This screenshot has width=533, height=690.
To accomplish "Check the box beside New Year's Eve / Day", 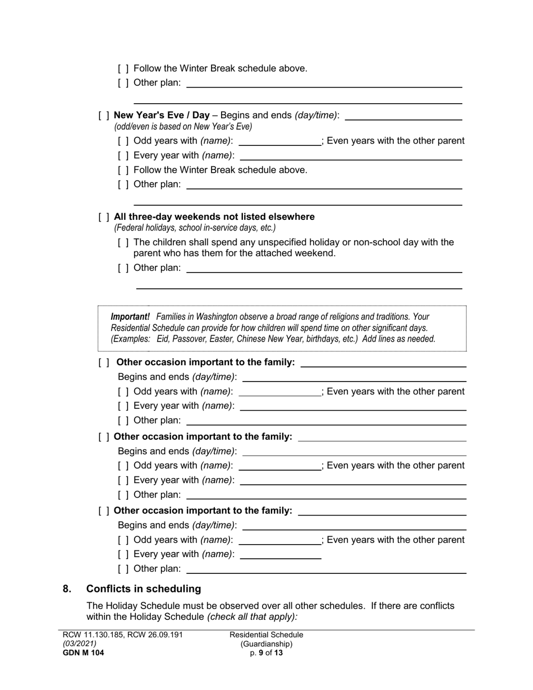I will (104, 116).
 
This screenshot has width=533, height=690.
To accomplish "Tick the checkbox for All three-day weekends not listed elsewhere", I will (104, 217).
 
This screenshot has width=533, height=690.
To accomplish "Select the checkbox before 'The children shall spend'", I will (123, 242).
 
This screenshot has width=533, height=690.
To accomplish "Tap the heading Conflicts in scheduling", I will (144, 588).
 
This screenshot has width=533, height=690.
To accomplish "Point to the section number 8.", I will (67, 588).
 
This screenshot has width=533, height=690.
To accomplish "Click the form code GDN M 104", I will (83, 653).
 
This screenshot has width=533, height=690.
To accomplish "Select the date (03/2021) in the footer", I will (79, 644).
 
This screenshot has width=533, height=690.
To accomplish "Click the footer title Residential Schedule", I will (266, 635).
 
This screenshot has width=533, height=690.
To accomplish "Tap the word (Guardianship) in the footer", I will (266, 644).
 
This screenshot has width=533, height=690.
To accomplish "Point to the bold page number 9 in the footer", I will (261, 653).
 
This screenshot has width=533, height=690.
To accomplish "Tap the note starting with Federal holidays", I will (195, 228).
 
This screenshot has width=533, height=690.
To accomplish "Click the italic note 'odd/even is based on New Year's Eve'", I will (183, 127).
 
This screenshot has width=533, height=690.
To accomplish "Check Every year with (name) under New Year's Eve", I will (123, 155).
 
